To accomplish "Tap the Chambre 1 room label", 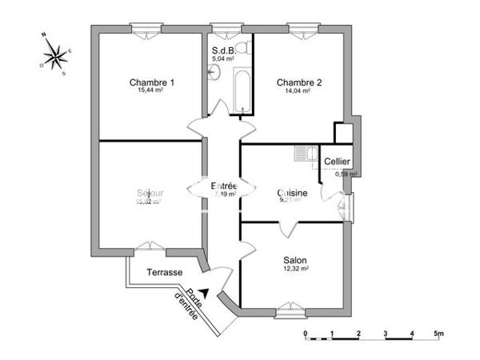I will tap(152, 82).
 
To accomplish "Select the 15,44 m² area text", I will tap(152, 91).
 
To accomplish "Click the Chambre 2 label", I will tap(298, 82).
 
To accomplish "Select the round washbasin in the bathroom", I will tap(213, 74).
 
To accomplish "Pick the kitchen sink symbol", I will tap(302, 154).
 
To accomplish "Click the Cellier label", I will tap(337, 162).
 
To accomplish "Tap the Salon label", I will tap(295, 260).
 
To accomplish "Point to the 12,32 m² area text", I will tap(295, 270).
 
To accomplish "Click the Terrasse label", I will tap(165, 273).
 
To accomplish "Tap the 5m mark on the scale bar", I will tap(438, 333).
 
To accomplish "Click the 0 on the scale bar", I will tap(305, 333).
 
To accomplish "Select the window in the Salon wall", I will tap(293, 306).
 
